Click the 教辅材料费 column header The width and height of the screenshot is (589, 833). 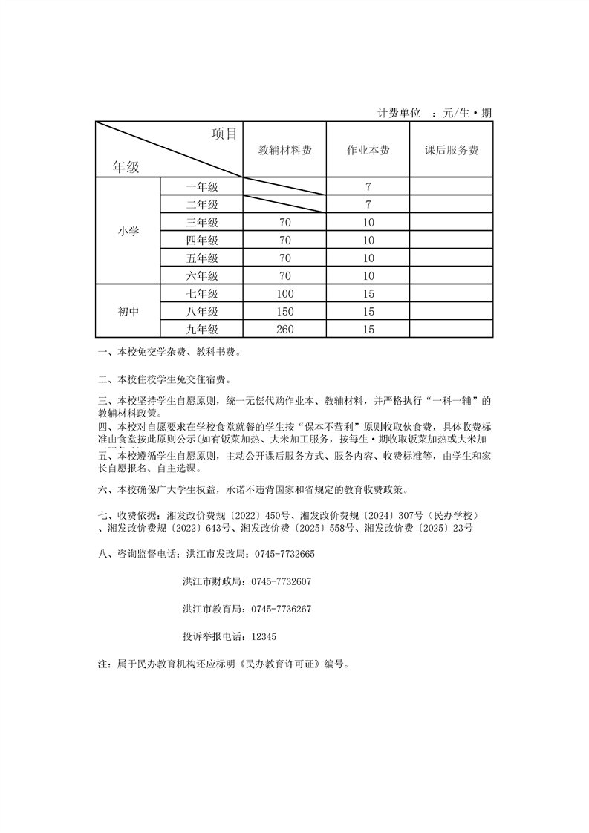(284, 150)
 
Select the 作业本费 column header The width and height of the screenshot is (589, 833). (368, 150)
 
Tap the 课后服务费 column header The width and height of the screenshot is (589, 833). (451, 150)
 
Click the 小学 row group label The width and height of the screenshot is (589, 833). (128, 232)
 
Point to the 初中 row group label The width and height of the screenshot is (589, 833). (128, 312)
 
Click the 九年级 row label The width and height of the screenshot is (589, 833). (202, 330)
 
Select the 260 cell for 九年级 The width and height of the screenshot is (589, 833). (284, 330)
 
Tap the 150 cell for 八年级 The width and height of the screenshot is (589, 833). (284, 312)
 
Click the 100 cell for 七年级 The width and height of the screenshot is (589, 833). (284, 294)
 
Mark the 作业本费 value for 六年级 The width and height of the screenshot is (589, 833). (368, 276)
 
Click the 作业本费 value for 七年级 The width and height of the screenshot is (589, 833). (368, 294)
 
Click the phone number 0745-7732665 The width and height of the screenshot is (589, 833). (284, 555)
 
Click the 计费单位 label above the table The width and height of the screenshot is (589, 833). (400, 114)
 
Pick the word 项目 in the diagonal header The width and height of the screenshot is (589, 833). (224, 134)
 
